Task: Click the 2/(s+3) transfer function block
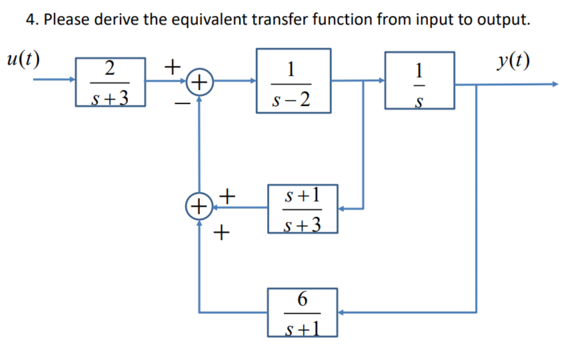click(110, 82)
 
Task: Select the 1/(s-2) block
click(293, 81)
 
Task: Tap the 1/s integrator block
click(420, 81)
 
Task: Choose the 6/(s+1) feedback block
click(302, 312)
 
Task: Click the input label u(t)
click(22, 59)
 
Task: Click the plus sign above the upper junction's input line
click(173, 67)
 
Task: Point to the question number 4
click(32, 20)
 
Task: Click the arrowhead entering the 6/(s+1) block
click(341, 312)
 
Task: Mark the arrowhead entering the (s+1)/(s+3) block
click(341, 209)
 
